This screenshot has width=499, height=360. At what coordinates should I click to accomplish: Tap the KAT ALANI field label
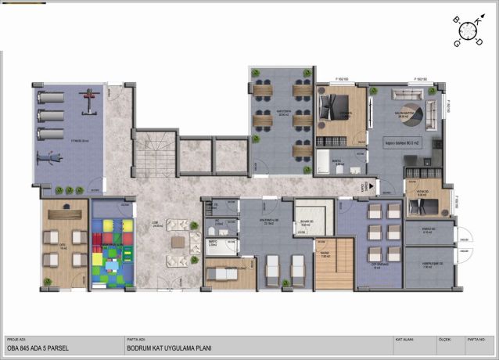[x=405, y=340]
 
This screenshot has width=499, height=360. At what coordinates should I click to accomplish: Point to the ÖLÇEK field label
[x=444, y=340]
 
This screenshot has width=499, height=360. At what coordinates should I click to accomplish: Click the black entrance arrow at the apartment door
[x=367, y=186]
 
